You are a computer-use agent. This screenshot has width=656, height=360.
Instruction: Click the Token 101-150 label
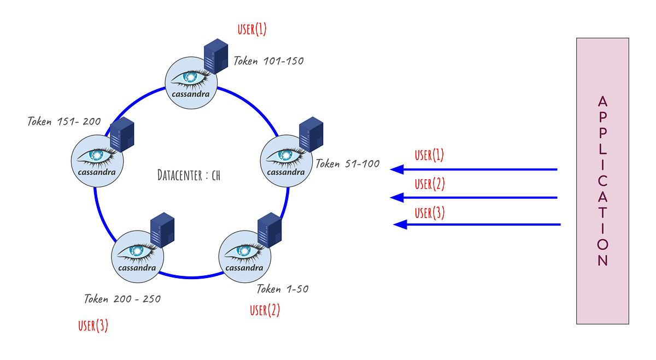[268, 61]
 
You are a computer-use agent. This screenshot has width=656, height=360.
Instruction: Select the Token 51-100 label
[347, 164]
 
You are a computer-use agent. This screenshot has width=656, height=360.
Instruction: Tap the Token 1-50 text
[282, 289]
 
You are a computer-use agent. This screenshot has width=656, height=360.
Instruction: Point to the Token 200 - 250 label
[122, 299]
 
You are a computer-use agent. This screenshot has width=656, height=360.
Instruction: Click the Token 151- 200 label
[64, 121]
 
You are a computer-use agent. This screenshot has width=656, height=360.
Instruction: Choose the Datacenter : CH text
[189, 175]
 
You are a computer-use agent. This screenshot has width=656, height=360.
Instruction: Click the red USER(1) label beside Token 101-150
[252, 29]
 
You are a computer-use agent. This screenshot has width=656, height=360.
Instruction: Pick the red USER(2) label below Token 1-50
[265, 310]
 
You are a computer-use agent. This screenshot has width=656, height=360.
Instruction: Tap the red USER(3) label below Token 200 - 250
[93, 326]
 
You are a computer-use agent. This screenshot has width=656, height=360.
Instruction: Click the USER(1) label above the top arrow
[429, 155]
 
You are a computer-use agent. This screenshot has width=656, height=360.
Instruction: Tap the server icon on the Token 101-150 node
[215, 56]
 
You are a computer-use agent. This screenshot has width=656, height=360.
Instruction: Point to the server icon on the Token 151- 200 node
[122, 134]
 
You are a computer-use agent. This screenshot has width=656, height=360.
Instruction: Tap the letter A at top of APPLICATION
[602, 102]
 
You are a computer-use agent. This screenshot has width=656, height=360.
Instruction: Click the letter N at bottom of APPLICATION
[602, 261]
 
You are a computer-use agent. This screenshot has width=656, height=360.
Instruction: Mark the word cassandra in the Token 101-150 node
[191, 93]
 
